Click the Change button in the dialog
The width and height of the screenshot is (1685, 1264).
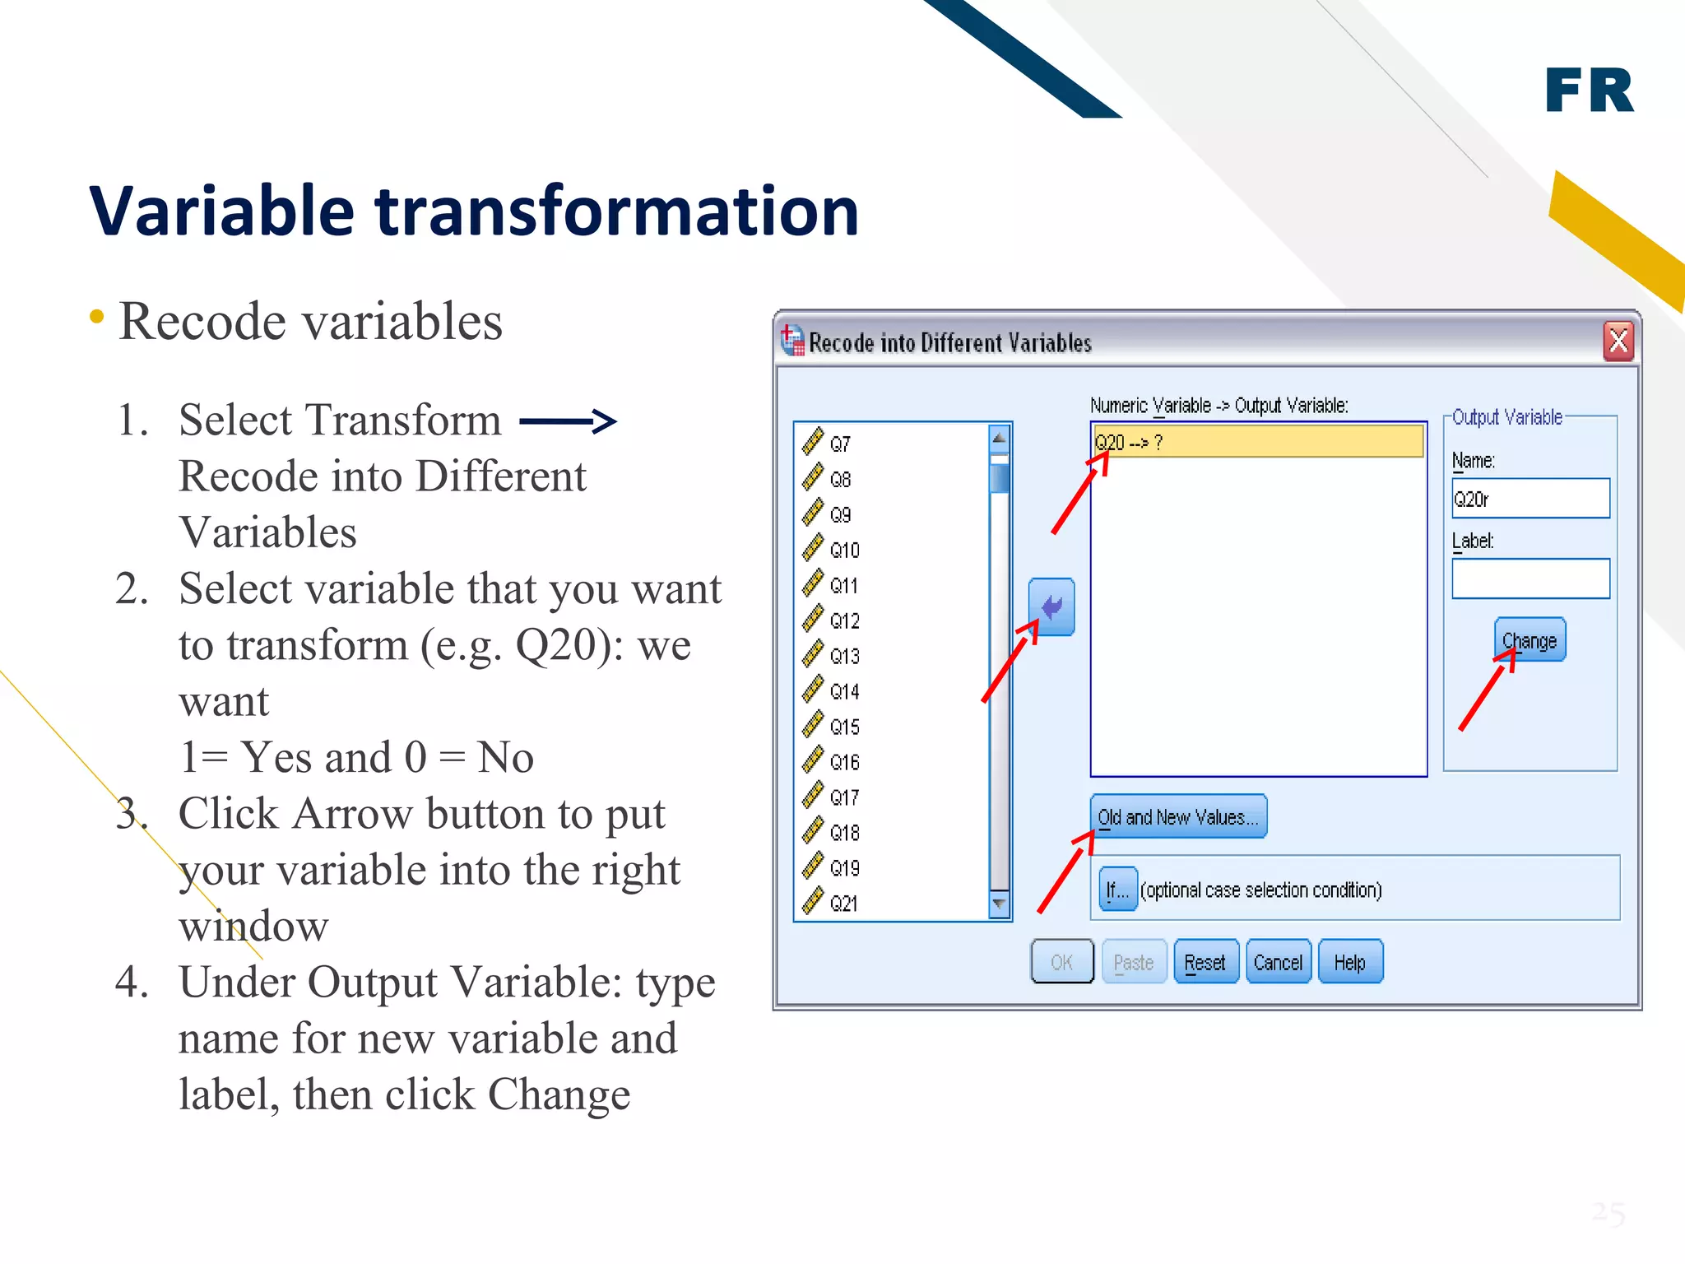[x=1529, y=640]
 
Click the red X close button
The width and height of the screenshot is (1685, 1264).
[x=1618, y=341]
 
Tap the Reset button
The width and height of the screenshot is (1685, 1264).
[x=1205, y=962]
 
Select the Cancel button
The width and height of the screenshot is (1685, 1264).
[x=1278, y=962]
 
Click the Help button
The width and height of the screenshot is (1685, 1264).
[x=1350, y=962]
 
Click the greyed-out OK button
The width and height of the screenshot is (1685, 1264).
[x=1061, y=962]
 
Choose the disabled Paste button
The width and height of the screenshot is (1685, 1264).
[x=1134, y=962]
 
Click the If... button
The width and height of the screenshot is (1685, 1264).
[x=1117, y=890]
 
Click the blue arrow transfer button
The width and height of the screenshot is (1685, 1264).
[x=1051, y=607]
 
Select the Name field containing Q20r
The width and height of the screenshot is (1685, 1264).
[x=1530, y=499]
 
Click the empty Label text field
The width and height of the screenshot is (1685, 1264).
[x=1530, y=579]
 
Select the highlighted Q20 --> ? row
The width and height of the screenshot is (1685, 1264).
[x=1257, y=442]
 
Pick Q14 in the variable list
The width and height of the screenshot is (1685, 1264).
[x=844, y=691]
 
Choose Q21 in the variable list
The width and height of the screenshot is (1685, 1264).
[x=843, y=904]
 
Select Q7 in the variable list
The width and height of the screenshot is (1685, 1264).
[x=839, y=444]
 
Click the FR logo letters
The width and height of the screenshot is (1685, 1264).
[x=1589, y=91]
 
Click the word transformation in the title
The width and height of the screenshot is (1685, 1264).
[x=617, y=211]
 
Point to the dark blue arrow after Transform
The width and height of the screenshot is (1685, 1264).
[x=568, y=422]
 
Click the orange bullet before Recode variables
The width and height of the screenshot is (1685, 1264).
[x=97, y=317]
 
